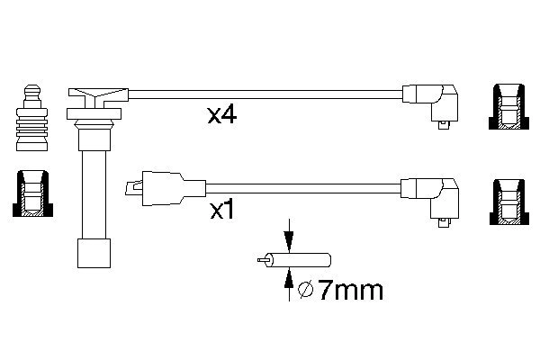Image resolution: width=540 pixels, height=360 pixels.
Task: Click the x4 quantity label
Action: coord(221,115)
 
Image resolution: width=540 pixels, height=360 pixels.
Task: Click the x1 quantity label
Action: coord(223,211)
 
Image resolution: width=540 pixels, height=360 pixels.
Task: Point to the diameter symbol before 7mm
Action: coord(304,290)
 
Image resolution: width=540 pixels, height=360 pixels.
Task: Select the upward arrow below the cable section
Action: coord(288,286)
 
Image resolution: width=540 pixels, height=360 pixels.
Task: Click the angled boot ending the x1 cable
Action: coord(436,193)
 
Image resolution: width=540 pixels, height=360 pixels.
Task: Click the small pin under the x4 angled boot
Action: coord(443,127)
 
